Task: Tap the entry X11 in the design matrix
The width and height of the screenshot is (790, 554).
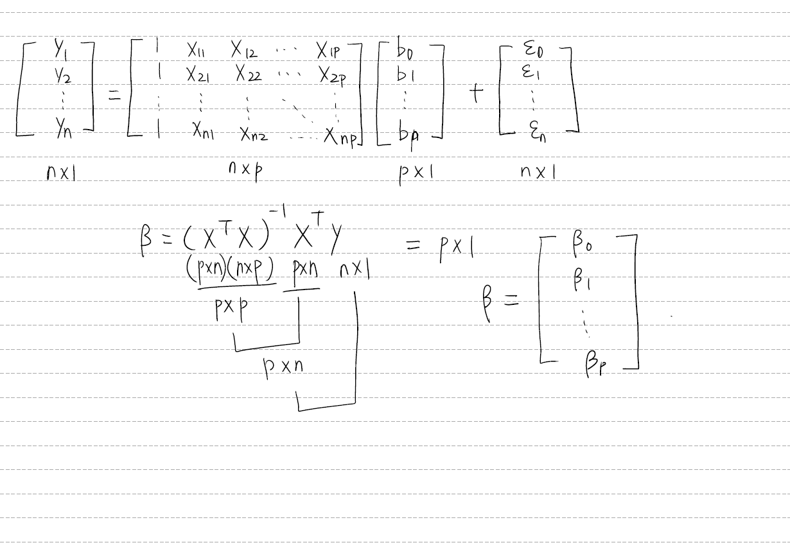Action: click(x=195, y=50)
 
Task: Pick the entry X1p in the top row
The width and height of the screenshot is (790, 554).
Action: click(x=332, y=49)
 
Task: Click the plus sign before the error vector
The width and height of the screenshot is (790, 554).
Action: click(x=476, y=94)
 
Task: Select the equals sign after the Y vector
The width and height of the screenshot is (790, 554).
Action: click(x=114, y=96)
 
